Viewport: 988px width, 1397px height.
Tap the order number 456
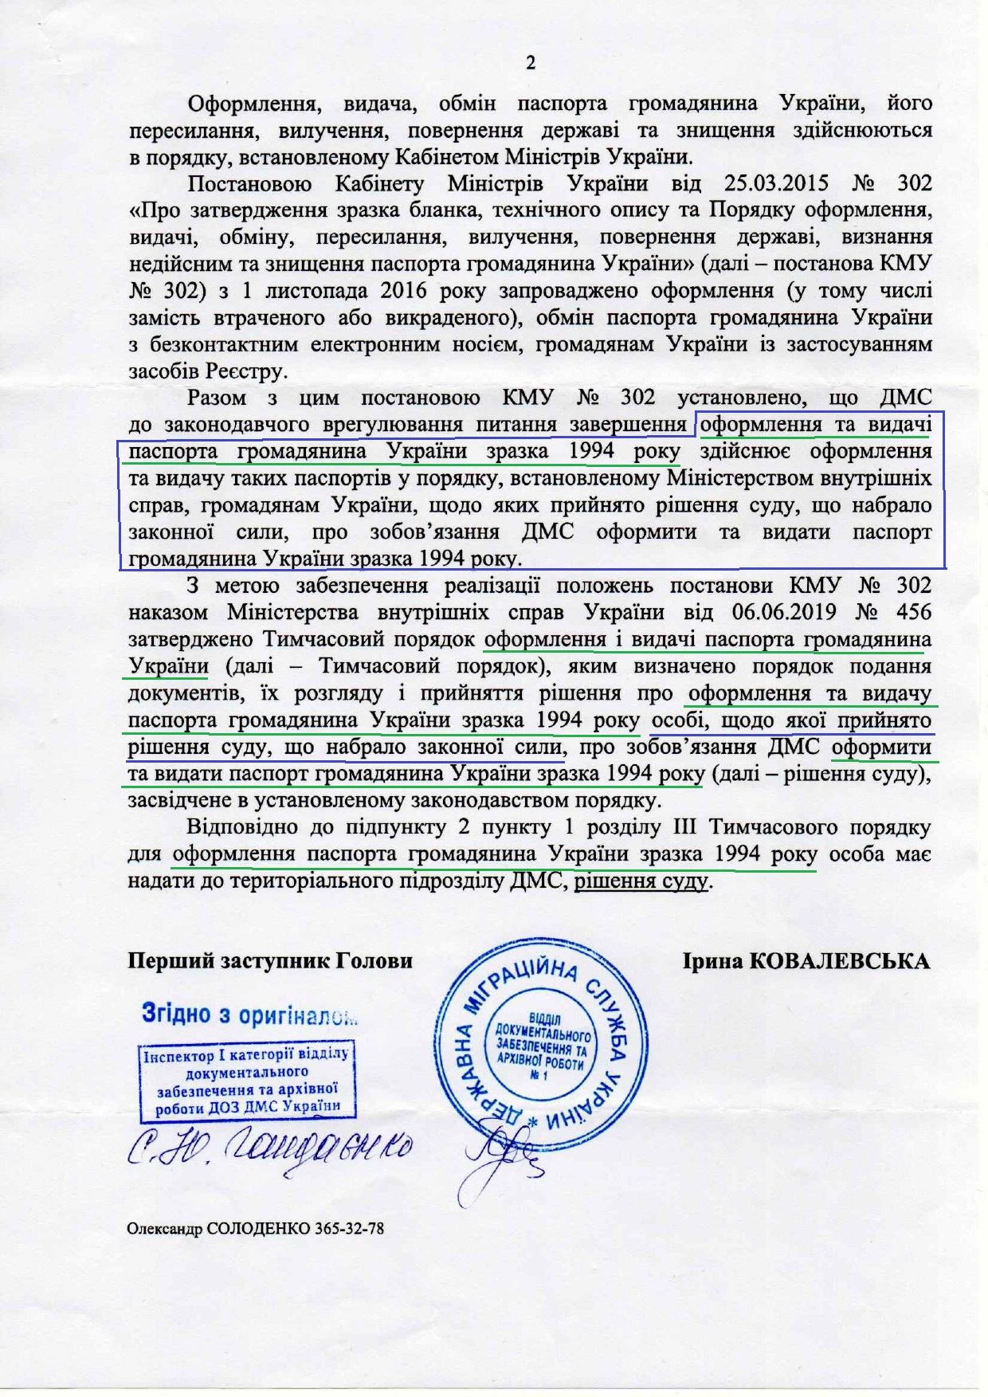click(910, 613)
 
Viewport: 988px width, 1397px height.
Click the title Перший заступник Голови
click(270, 961)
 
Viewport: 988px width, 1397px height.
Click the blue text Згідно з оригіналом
click(249, 1014)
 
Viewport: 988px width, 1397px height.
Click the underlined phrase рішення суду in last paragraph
click(641, 882)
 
